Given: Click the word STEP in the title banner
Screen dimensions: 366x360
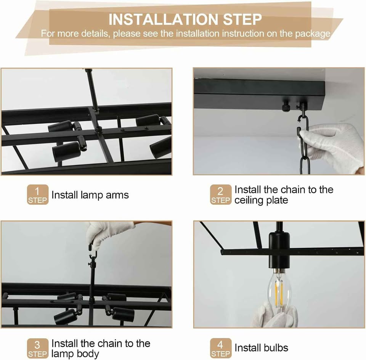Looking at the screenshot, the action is coord(242,19).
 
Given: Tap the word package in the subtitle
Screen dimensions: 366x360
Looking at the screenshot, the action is coord(313,34).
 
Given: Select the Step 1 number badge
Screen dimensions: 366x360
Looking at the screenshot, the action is coord(38,194).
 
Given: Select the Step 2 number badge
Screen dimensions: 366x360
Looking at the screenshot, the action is coord(221,194).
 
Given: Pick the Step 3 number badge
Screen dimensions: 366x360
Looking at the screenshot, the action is coord(38,348).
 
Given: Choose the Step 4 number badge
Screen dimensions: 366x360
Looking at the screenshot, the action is coord(221,348).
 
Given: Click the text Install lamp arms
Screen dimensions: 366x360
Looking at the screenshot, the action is coord(90,195).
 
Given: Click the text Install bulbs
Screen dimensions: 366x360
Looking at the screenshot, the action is coord(261,348).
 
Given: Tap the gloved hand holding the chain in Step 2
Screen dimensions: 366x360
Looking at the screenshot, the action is coord(331,147).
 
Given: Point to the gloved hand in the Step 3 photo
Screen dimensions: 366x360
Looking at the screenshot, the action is coord(108,233).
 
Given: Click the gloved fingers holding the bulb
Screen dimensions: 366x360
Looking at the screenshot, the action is coord(275,314).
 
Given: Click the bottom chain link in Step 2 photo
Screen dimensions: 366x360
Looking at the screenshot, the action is coord(305,166).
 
